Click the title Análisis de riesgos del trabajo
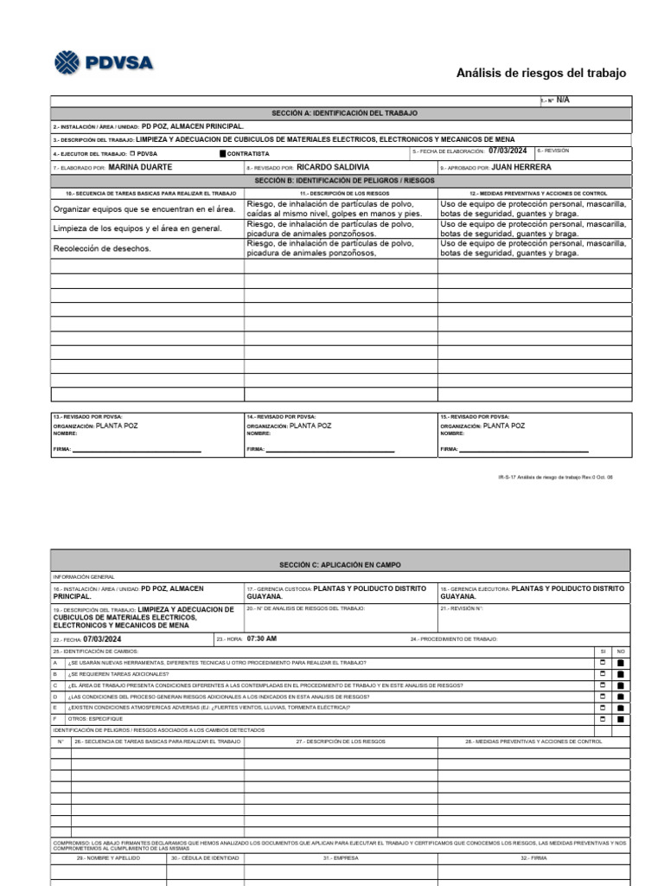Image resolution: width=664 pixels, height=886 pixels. click(x=541, y=73)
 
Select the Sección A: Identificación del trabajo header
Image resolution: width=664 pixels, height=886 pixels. click(x=344, y=113)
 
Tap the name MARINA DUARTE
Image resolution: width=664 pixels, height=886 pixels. click(x=140, y=167)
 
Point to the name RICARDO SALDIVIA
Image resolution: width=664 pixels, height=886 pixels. click(x=332, y=167)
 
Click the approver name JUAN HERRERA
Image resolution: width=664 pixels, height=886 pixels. click(x=520, y=167)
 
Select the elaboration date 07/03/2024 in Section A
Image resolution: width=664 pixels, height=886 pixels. click(x=507, y=151)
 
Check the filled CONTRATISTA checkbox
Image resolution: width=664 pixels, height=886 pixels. click(x=222, y=154)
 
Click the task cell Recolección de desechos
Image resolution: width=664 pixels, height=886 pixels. click(x=102, y=248)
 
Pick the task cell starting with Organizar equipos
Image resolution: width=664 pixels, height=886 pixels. click(x=144, y=209)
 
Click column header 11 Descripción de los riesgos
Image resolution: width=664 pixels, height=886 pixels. click(x=340, y=193)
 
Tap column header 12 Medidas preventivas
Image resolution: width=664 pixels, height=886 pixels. click(x=533, y=193)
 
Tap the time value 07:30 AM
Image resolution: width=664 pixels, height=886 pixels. click(x=262, y=639)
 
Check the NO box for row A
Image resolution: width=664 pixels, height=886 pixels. click(x=620, y=663)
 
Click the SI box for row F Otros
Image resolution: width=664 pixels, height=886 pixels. click(x=603, y=718)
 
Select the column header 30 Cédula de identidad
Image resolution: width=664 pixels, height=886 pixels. click(x=205, y=858)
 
